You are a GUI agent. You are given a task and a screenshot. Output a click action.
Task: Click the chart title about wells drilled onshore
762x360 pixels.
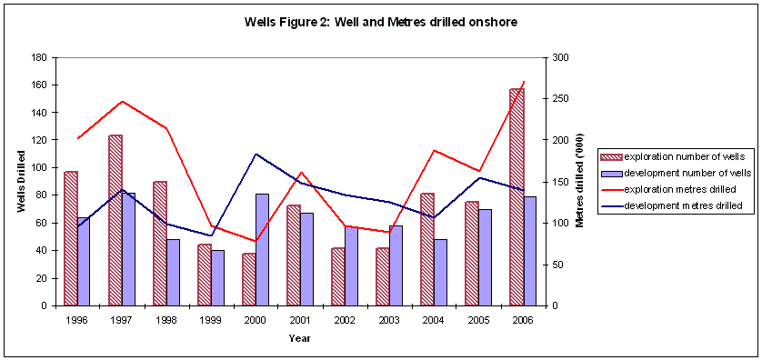click(381, 22)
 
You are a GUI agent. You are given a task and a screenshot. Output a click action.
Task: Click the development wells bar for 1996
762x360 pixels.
click(83, 261)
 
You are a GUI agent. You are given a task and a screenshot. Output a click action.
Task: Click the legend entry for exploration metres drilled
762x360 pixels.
click(673, 190)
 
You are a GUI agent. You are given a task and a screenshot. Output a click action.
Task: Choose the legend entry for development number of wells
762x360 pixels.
click(673, 173)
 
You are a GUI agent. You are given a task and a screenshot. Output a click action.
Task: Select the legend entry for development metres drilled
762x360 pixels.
click(673, 206)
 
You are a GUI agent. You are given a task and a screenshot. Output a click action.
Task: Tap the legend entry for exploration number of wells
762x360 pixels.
click(673, 156)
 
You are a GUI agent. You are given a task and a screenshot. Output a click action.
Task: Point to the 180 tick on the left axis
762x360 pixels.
click(39, 57)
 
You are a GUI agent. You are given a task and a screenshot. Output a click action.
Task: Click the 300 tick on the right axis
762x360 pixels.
click(560, 57)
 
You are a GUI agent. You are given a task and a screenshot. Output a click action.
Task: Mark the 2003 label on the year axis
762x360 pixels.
click(388, 319)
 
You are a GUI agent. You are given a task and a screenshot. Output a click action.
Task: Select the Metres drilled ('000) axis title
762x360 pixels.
click(579, 182)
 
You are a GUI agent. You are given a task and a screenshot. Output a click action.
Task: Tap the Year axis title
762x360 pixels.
click(299, 338)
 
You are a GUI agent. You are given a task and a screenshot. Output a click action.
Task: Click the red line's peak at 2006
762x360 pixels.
click(523, 82)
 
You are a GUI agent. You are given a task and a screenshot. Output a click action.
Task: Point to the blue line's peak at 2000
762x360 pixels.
click(256, 154)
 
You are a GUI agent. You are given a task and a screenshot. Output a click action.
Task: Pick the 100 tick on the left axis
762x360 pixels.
click(39, 168)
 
